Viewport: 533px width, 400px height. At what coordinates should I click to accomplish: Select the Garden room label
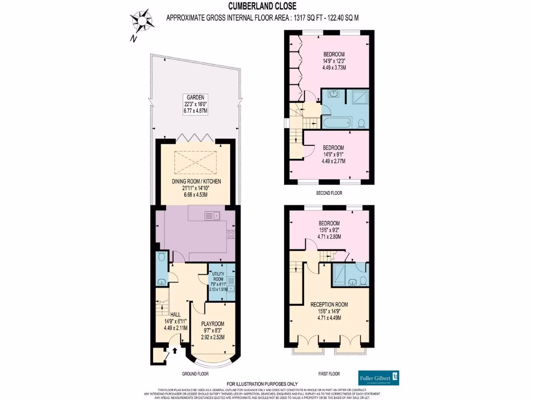pyautogui.click(x=196, y=97)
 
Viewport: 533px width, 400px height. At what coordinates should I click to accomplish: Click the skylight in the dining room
pyautogui.click(x=197, y=163)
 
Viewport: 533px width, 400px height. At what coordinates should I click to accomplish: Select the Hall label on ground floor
pyautogui.click(x=175, y=315)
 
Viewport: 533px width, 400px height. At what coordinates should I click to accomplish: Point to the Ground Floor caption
pyautogui.click(x=196, y=374)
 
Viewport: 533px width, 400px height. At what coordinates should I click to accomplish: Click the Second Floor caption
pyautogui.click(x=328, y=192)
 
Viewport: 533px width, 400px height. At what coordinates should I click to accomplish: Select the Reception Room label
pyautogui.click(x=329, y=305)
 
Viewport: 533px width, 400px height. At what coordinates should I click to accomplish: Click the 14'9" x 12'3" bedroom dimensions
pyautogui.click(x=334, y=61)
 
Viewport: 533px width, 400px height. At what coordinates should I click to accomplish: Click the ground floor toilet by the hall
pyautogui.click(x=161, y=257)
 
